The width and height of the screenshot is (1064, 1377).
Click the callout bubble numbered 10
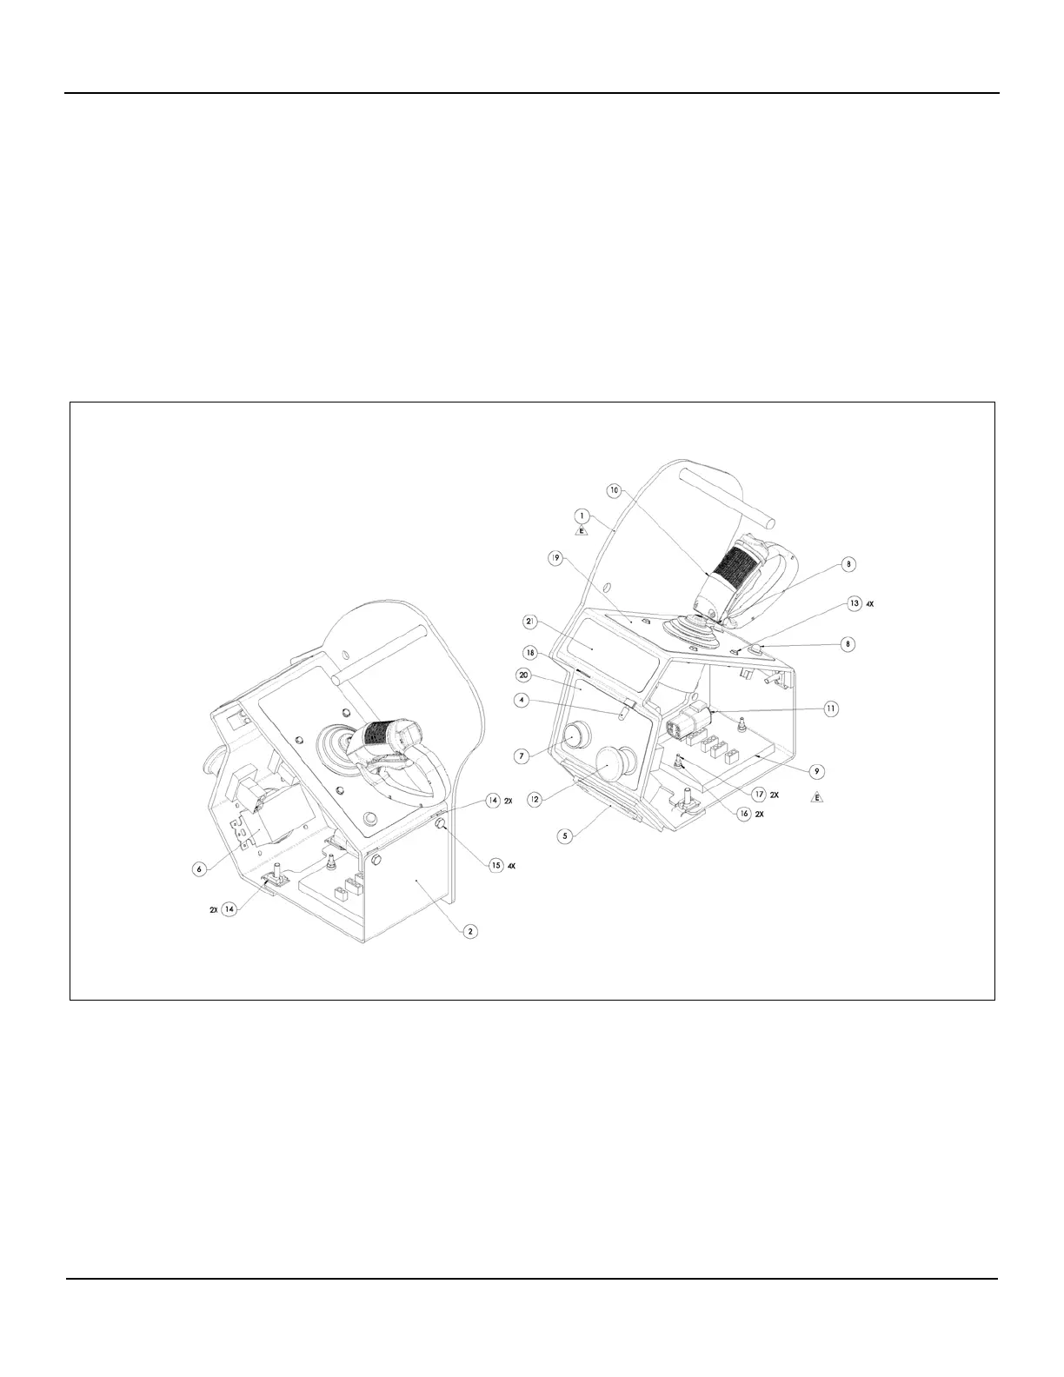coord(615,490)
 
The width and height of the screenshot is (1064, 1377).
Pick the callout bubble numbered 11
coord(832,708)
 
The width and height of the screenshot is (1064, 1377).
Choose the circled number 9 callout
coord(817,770)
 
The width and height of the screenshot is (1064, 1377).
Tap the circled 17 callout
coord(760,793)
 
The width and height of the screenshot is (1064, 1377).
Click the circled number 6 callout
coord(200,867)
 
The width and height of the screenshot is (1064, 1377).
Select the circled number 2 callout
coord(469,932)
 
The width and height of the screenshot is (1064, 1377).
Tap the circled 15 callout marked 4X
coord(496,865)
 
